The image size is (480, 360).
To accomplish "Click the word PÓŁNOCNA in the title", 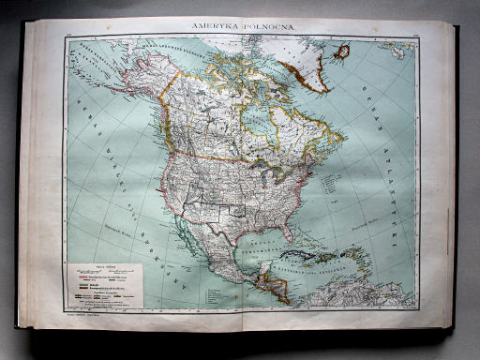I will (x=267, y=28).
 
